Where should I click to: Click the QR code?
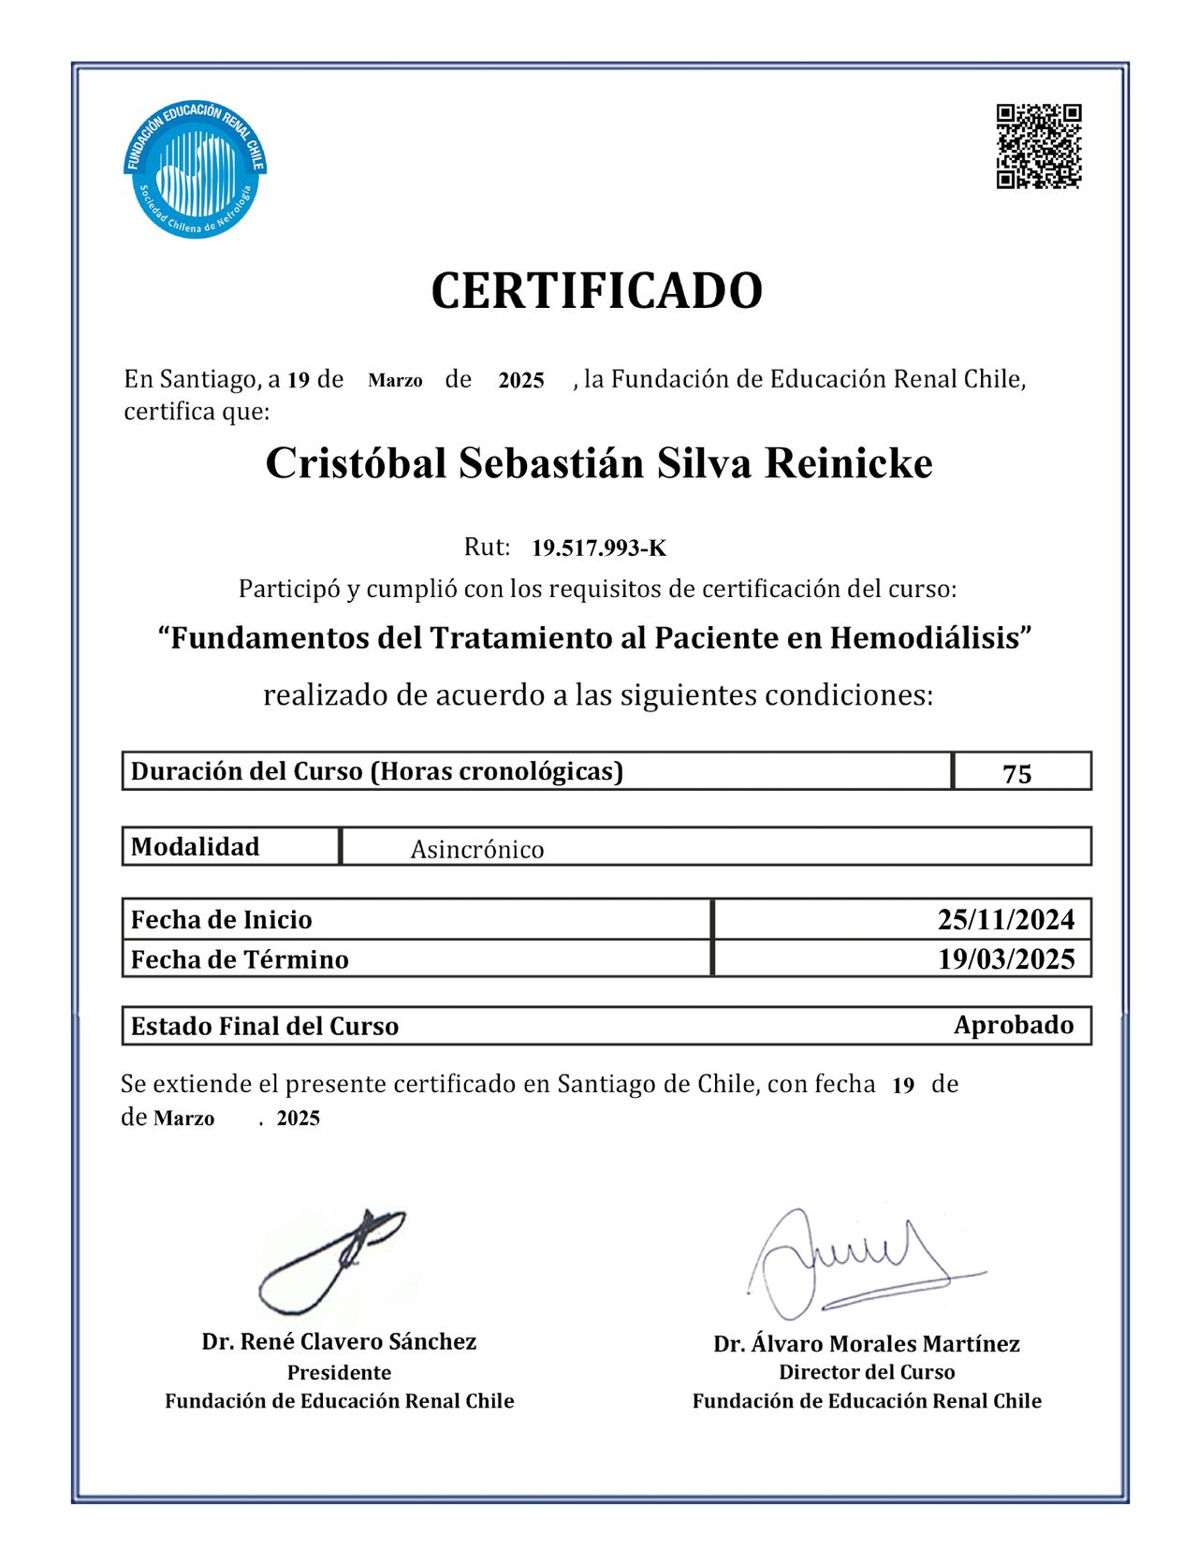click(x=1039, y=146)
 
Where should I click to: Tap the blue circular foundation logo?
click(x=195, y=168)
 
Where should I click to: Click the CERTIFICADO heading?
click(x=597, y=291)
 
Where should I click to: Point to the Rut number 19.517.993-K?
click(x=599, y=548)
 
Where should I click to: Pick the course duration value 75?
click(x=1017, y=774)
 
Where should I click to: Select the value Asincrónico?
click(x=477, y=850)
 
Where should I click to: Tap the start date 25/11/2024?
click(x=1006, y=920)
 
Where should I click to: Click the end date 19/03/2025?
click(x=1006, y=959)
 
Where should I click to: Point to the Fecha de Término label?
click(x=240, y=960)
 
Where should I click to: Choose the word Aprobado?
click(x=1014, y=1026)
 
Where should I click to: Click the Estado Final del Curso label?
click(x=265, y=1027)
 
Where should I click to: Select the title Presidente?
click(x=339, y=1373)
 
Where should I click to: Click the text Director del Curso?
click(x=867, y=1373)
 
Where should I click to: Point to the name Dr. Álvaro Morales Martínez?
click(x=867, y=1345)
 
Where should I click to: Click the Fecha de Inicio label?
click(x=222, y=920)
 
